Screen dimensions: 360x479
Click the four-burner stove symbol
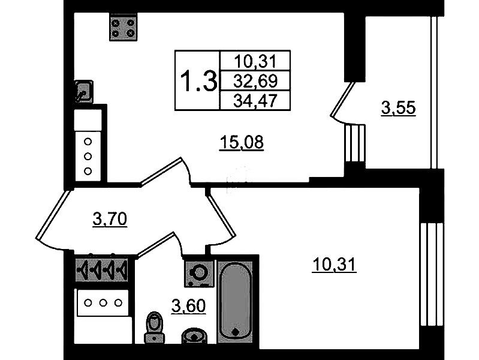[x=123, y=27]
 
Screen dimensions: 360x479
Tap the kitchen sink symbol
[x=83, y=91]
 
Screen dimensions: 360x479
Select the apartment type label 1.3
[x=198, y=81]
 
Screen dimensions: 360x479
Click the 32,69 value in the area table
[x=255, y=80]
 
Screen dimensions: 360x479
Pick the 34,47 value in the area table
[x=255, y=100]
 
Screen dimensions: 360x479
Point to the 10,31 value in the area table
[x=255, y=61]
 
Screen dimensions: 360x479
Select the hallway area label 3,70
[x=110, y=220]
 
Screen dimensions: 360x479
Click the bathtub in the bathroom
[x=236, y=300]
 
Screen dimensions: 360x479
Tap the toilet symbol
[x=155, y=328]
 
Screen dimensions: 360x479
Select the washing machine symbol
[x=198, y=273]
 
